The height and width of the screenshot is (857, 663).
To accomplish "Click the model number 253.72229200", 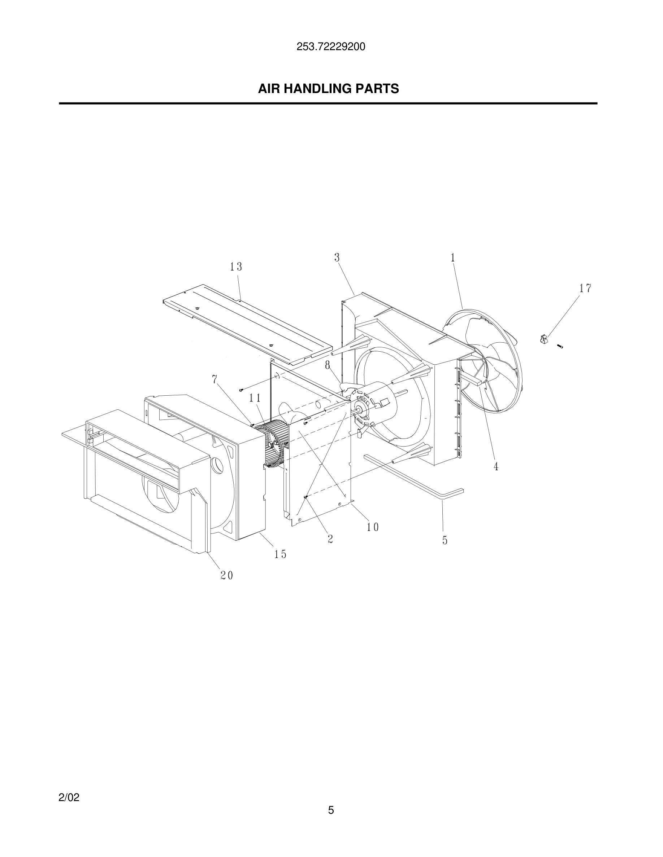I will (331, 47).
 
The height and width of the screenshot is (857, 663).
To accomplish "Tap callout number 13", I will (236, 267).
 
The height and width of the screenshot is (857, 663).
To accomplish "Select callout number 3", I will (337, 258).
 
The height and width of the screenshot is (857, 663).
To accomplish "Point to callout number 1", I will (453, 258).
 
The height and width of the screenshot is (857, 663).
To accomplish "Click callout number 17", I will (585, 289).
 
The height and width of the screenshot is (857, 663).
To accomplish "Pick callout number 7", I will (214, 379).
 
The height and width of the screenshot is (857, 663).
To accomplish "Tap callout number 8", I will (328, 365).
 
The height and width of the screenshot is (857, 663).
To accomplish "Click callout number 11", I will (255, 398).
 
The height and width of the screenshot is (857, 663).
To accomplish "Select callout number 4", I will (496, 467).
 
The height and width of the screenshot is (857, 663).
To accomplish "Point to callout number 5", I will (445, 540).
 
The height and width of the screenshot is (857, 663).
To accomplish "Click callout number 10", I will (373, 527).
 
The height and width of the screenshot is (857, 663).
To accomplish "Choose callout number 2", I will (330, 539).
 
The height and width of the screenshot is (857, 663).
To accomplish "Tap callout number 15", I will (281, 554).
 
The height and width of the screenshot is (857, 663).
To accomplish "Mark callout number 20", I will (227, 576).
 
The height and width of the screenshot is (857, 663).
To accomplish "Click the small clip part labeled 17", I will (544, 339).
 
